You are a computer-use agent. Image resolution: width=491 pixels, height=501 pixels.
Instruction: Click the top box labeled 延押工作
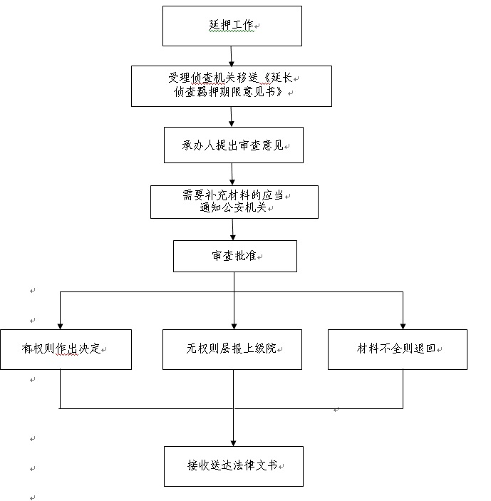click(x=232, y=26)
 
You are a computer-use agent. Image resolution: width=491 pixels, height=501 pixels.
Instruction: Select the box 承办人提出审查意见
click(x=234, y=145)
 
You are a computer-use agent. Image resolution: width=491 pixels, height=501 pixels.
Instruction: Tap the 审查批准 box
click(x=235, y=257)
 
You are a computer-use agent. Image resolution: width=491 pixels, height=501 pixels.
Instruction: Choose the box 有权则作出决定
click(x=66, y=349)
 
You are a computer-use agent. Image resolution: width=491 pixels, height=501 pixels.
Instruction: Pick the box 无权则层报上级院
click(x=232, y=349)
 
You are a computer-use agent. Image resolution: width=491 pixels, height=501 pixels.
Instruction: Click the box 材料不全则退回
click(x=398, y=349)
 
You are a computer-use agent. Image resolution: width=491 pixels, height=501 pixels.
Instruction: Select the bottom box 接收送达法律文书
click(x=234, y=467)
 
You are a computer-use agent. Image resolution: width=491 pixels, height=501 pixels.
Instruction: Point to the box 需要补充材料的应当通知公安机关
click(x=234, y=202)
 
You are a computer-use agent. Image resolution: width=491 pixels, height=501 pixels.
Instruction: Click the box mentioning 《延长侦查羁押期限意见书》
click(x=232, y=86)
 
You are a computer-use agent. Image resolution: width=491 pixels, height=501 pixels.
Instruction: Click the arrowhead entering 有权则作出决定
click(x=60, y=326)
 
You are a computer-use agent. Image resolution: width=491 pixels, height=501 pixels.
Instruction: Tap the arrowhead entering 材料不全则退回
click(x=403, y=326)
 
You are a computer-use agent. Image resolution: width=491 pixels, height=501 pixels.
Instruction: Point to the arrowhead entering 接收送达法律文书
click(x=233, y=443)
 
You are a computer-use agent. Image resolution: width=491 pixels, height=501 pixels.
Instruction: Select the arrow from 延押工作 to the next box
click(x=232, y=56)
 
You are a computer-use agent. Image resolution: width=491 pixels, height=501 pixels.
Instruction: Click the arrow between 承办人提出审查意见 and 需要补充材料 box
click(x=232, y=174)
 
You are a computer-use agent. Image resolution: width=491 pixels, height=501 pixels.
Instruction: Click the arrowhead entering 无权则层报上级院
click(x=234, y=326)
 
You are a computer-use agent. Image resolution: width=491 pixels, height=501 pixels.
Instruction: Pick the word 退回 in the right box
click(x=425, y=348)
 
